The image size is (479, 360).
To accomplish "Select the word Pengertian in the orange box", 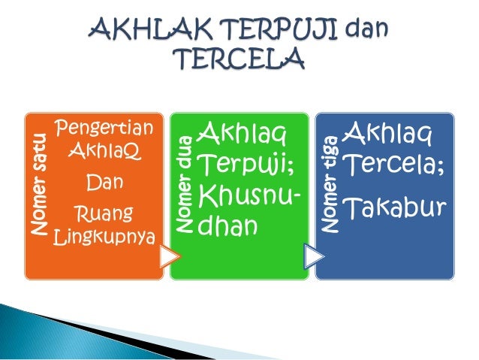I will pos(105,129).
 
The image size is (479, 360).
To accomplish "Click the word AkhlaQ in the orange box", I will pos(104,152).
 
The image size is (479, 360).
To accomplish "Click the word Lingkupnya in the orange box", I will pos(105,238).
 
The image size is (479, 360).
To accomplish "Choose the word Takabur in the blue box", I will pos(391,207).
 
